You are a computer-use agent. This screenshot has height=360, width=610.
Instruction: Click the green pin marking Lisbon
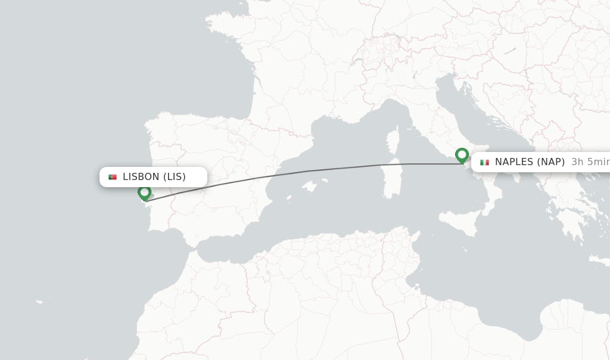point(144,192)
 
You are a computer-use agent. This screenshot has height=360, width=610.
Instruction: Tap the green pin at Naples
point(462,155)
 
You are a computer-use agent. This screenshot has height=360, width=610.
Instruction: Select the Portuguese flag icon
point(113,177)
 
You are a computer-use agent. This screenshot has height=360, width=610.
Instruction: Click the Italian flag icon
point(484,162)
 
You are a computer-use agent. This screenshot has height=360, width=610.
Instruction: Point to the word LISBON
point(141,177)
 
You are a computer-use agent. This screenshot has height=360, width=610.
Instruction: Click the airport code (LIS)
point(175,177)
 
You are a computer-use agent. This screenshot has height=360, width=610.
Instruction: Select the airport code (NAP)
point(551,162)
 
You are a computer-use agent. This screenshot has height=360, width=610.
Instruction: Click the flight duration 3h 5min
point(590,162)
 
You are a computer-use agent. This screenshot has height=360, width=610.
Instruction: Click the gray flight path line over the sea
point(357,167)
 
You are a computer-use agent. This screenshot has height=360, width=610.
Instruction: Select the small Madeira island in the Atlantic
point(39,302)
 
